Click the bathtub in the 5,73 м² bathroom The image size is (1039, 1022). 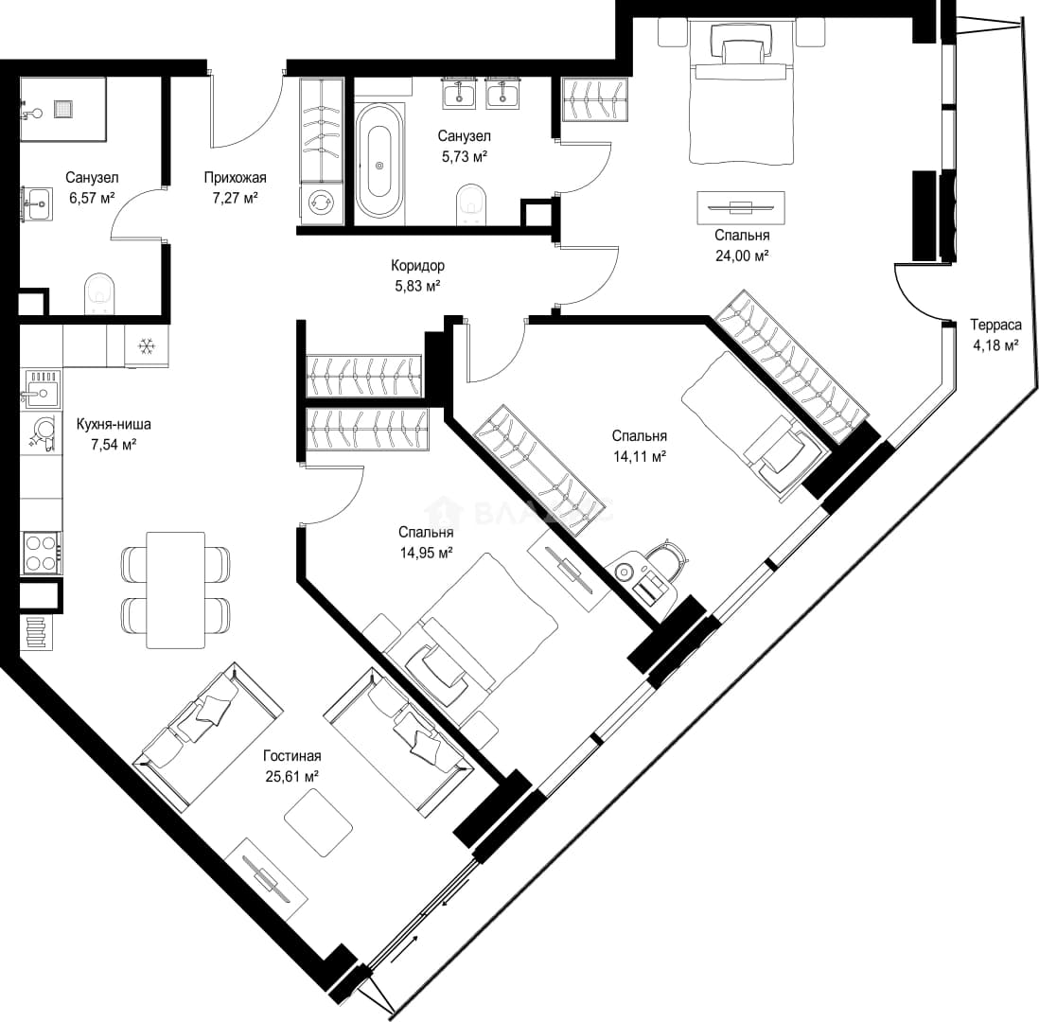[379, 160]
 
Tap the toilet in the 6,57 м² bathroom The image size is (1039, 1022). [100, 293]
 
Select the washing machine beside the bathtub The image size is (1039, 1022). [322, 203]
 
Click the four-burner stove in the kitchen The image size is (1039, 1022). [41, 552]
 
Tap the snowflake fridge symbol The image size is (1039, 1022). [146, 345]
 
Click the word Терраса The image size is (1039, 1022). [995, 325]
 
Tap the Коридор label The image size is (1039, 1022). [417, 266]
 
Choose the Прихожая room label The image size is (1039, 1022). [236, 178]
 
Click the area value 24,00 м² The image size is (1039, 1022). [742, 255]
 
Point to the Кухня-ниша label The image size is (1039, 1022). [114, 424]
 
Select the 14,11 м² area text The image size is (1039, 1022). [639, 456]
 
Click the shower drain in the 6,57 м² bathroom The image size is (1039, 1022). [62, 109]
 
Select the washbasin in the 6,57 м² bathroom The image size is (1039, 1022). [38, 203]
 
